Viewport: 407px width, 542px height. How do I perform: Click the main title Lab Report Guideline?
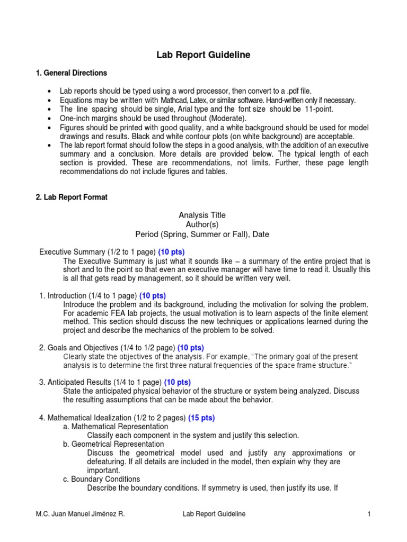pos(202,55)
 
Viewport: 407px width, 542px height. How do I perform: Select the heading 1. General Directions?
pos(71,73)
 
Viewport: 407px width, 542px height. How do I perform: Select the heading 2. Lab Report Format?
pos(72,197)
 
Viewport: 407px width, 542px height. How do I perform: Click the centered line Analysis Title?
pos(202,215)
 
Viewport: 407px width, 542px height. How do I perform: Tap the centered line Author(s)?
pos(202,224)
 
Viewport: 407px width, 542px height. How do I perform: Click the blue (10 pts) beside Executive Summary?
pos(171,252)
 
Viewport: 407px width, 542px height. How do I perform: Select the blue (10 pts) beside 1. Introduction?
pos(153,295)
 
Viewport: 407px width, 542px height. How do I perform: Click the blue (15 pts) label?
pos(201,418)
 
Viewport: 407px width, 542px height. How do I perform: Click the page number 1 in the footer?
pos(367,513)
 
